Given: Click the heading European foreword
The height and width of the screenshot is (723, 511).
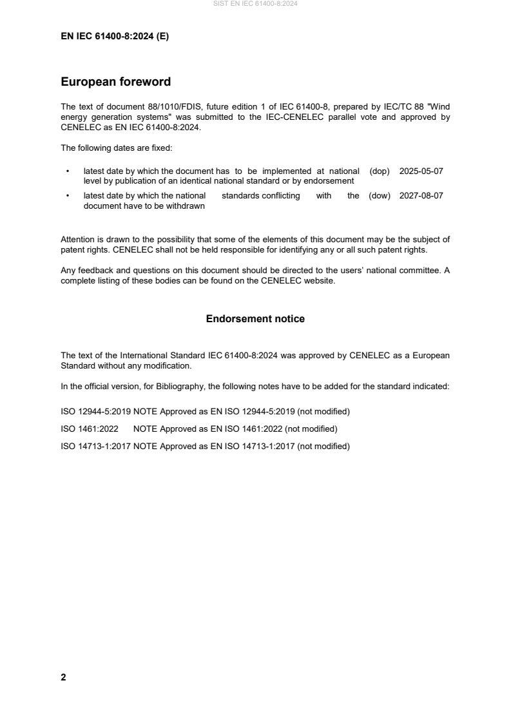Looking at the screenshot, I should click(x=115, y=82).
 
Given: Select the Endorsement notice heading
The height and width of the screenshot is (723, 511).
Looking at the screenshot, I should click(x=255, y=319).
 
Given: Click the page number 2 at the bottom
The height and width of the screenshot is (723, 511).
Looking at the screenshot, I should click(x=63, y=677).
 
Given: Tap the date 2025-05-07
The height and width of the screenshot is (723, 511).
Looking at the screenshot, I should click(x=421, y=171).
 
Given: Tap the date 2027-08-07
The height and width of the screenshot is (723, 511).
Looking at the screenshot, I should click(x=421, y=196).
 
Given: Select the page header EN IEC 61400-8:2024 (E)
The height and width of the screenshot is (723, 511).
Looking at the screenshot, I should click(x=115, y=37).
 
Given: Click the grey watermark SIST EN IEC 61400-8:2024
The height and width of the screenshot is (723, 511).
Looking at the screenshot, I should click(x=255, y=4).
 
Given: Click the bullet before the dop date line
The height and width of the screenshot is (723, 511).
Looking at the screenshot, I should click(x=68, y=172).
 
